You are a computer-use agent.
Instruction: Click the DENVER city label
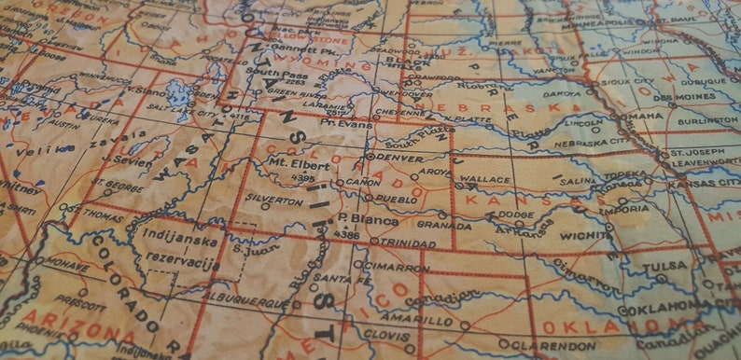398,158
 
